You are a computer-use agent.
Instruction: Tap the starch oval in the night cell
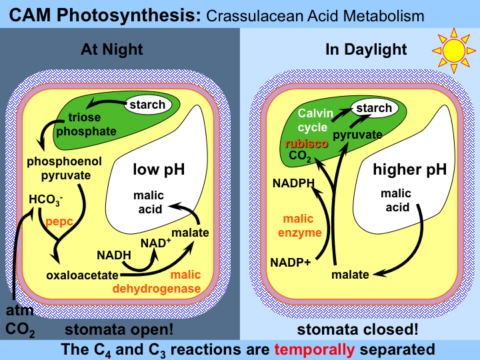click(x=147, y=105)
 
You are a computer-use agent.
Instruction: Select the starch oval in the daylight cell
click(x=373, y=108)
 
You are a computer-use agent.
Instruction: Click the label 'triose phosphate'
click(x=85, y=125)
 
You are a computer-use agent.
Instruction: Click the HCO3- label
click(x=46, y=199)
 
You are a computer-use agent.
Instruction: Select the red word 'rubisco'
click(x=305, y=143)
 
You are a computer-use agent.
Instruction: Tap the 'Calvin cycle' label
click(x=313, y=120)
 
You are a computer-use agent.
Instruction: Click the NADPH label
click(x=291, y=182)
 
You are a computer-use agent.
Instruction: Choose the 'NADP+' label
click(x=291, y=261)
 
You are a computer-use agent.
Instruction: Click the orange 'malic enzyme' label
click(x=303, y=225)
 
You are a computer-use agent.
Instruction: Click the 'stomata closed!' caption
click(x=358, y=329)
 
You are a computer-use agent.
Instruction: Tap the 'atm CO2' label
click(x=19, y=319)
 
